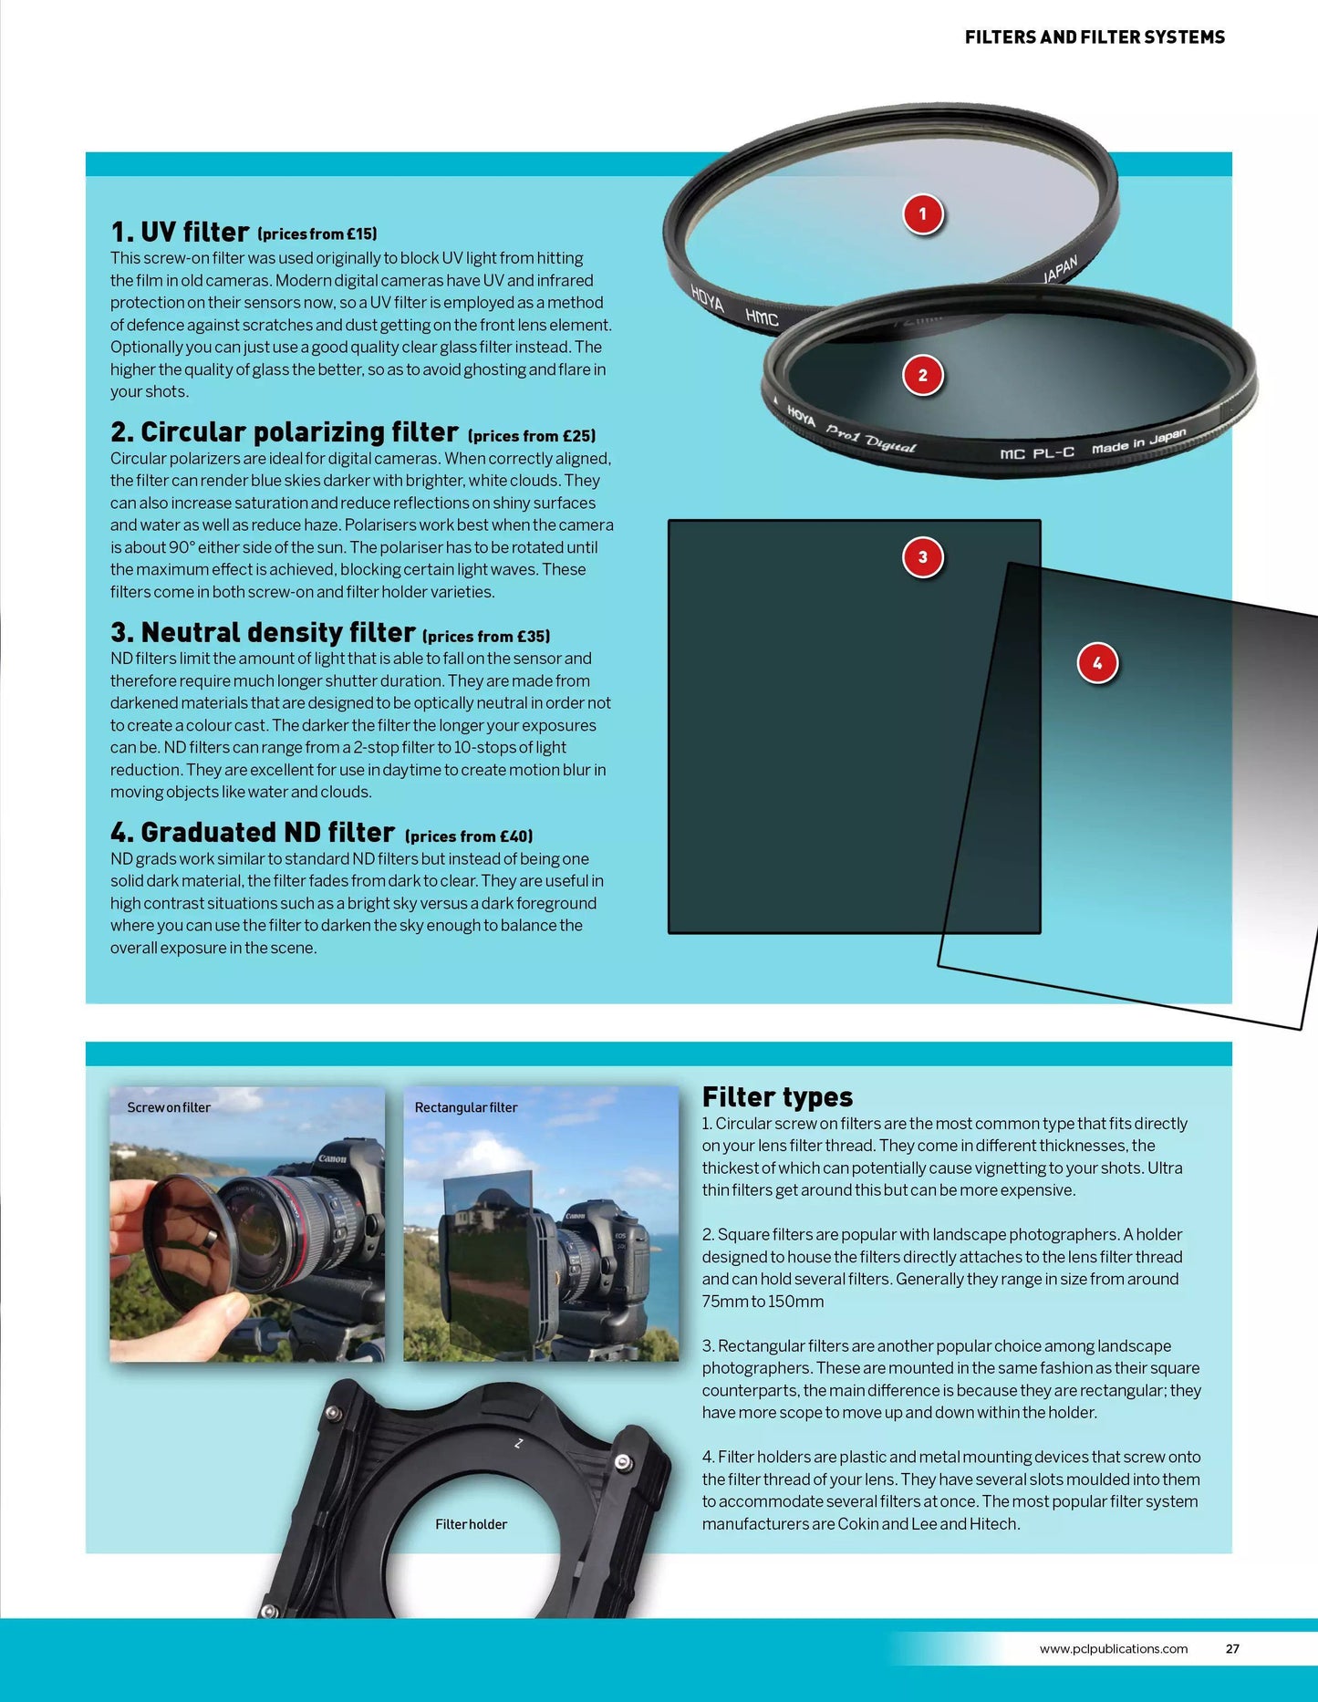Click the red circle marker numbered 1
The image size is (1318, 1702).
(x=922, y=214)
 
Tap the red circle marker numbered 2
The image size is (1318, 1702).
(x=922, y=375)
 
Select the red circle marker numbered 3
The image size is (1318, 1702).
(x=922, y=557)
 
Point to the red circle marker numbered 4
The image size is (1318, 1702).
(x=1096, y=663)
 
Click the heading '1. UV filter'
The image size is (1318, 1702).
(x=180, y=232)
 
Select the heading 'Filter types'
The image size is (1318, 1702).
(x=777, y=1096)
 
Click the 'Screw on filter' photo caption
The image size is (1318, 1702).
(x=169, y=1107)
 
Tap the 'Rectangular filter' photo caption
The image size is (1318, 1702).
(x=465, y=1107)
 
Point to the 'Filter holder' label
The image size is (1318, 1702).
(x=471, y=1524)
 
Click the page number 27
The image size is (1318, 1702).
(x=1232, y=1648)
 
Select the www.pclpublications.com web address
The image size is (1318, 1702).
(x=1113, y=1648)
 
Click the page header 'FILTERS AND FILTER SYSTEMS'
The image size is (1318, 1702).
(x=1095, y=37)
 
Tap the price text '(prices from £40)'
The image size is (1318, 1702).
(x=469, y=836)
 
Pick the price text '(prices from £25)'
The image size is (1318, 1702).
(x=532, y=436)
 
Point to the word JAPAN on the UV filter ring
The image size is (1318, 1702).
(x=1060, y=270)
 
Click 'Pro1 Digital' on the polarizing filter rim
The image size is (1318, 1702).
(x=870, y=439)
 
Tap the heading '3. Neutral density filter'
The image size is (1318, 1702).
(x=263, y=632)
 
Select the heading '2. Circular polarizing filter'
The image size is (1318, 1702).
(x=285, y=431)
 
